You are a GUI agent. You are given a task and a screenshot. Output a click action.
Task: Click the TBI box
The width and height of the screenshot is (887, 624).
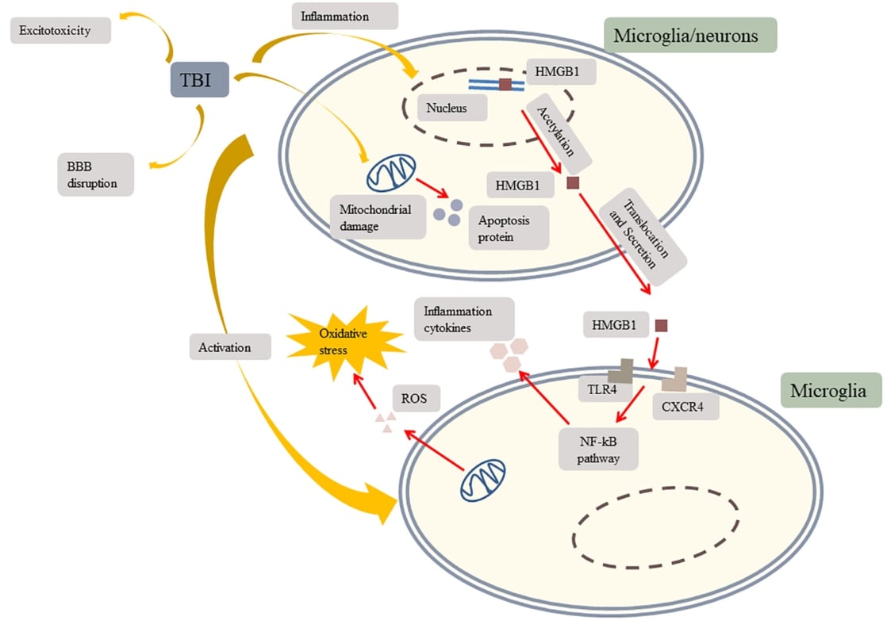tap(200, 80)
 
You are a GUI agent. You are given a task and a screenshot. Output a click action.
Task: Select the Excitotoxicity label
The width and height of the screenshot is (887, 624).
tap(60, 32)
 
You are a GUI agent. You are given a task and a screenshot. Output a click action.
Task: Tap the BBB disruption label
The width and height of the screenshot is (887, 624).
tap(94, 174)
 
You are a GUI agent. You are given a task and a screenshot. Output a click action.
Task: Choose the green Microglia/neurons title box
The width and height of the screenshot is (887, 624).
tap(689, 36)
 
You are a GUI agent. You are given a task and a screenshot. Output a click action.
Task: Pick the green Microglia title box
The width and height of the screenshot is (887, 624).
tap(831, 391)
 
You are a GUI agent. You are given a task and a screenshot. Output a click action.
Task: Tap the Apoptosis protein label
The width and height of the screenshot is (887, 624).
tap(509, 228)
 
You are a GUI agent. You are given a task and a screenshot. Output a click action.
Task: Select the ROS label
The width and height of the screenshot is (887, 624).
tap(415, 400)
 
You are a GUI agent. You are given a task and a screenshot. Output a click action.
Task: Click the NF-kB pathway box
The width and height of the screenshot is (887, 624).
tap(598, 449)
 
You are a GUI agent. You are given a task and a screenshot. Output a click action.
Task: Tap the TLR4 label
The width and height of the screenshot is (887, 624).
tap(597, 389)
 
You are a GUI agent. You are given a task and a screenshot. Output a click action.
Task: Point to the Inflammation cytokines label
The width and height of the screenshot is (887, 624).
tap(464, 319)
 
